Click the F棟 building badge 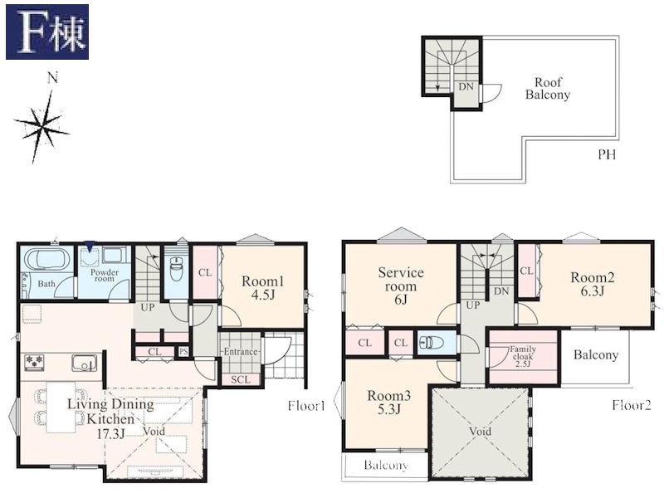47,32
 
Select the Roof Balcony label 548,88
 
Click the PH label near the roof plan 607,154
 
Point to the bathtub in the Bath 47,259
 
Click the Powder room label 105,276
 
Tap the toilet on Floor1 175,267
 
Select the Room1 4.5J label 263,287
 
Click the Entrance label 241,351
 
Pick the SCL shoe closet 241,379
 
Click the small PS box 183,351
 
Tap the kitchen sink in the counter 85,363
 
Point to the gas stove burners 34,362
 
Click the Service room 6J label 401,286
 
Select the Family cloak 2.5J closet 523,357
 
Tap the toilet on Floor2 431,342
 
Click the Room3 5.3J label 388,403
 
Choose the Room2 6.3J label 592,284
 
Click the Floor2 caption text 631,405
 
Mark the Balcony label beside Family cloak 596,355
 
